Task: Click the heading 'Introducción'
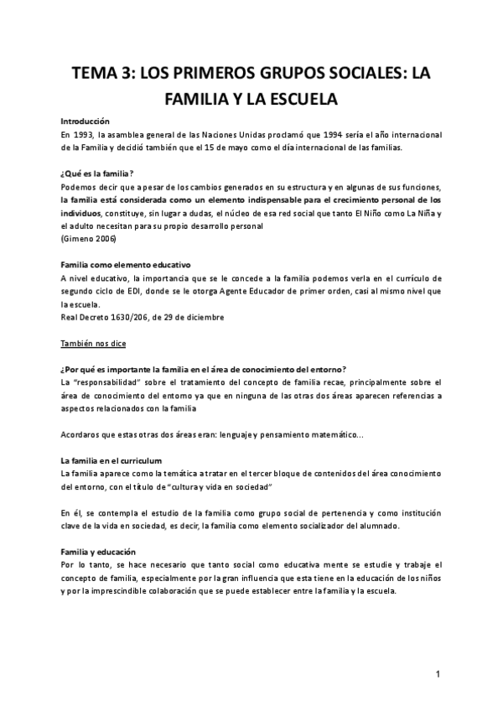pyautogui.click(x=86, y=121)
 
